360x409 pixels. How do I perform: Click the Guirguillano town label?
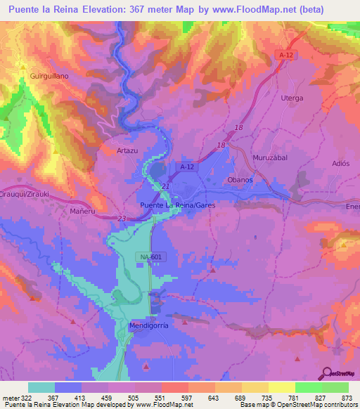coord(49,75)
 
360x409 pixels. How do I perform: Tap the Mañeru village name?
coord(82,210)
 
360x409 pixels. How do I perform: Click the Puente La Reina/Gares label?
coord(176,204)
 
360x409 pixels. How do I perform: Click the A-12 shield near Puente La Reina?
coord(186,167)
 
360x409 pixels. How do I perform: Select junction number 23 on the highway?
coord(122,219)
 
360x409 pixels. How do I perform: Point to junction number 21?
coord(165,186)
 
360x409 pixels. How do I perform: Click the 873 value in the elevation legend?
coord(346,398)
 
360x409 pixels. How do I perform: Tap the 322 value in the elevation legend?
coord(27,398)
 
